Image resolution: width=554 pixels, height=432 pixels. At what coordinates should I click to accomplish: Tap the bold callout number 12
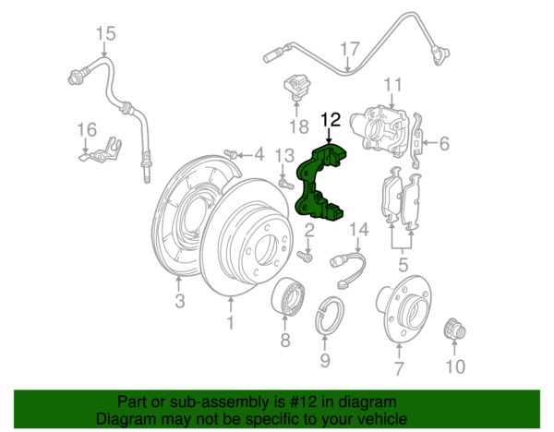331,120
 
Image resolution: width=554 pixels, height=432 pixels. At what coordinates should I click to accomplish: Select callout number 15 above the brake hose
105,33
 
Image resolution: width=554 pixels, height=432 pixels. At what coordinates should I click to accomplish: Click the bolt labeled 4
231,154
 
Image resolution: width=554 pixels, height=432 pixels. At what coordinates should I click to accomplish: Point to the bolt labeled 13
286,184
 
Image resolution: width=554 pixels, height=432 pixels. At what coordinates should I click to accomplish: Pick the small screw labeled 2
304,256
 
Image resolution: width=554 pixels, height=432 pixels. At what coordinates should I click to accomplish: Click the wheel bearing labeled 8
289,296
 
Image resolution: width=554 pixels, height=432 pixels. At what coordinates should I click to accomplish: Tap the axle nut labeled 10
454,330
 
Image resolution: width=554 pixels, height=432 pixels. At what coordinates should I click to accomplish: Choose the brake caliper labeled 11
379,130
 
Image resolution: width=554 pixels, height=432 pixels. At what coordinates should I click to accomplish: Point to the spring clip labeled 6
417,140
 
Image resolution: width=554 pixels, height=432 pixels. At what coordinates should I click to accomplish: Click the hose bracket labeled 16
101,150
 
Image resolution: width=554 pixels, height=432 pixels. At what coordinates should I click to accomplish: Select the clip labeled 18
297,87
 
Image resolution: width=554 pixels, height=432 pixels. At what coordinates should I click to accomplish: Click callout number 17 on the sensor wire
350,50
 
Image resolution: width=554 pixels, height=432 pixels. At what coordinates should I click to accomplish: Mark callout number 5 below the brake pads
403,264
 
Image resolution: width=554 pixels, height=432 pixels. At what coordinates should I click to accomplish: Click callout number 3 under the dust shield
180,301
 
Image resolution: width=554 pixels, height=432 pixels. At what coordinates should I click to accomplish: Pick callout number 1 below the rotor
230,322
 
